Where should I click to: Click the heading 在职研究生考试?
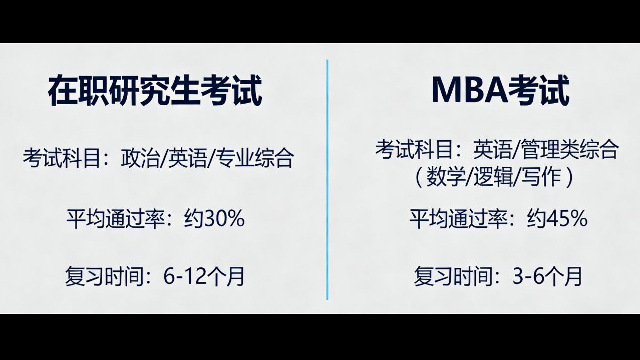click(155, 91)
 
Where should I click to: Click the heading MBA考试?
click(500, 91)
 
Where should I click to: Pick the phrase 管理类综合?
click(569, 149)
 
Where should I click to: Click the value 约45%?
click(557, 219)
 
